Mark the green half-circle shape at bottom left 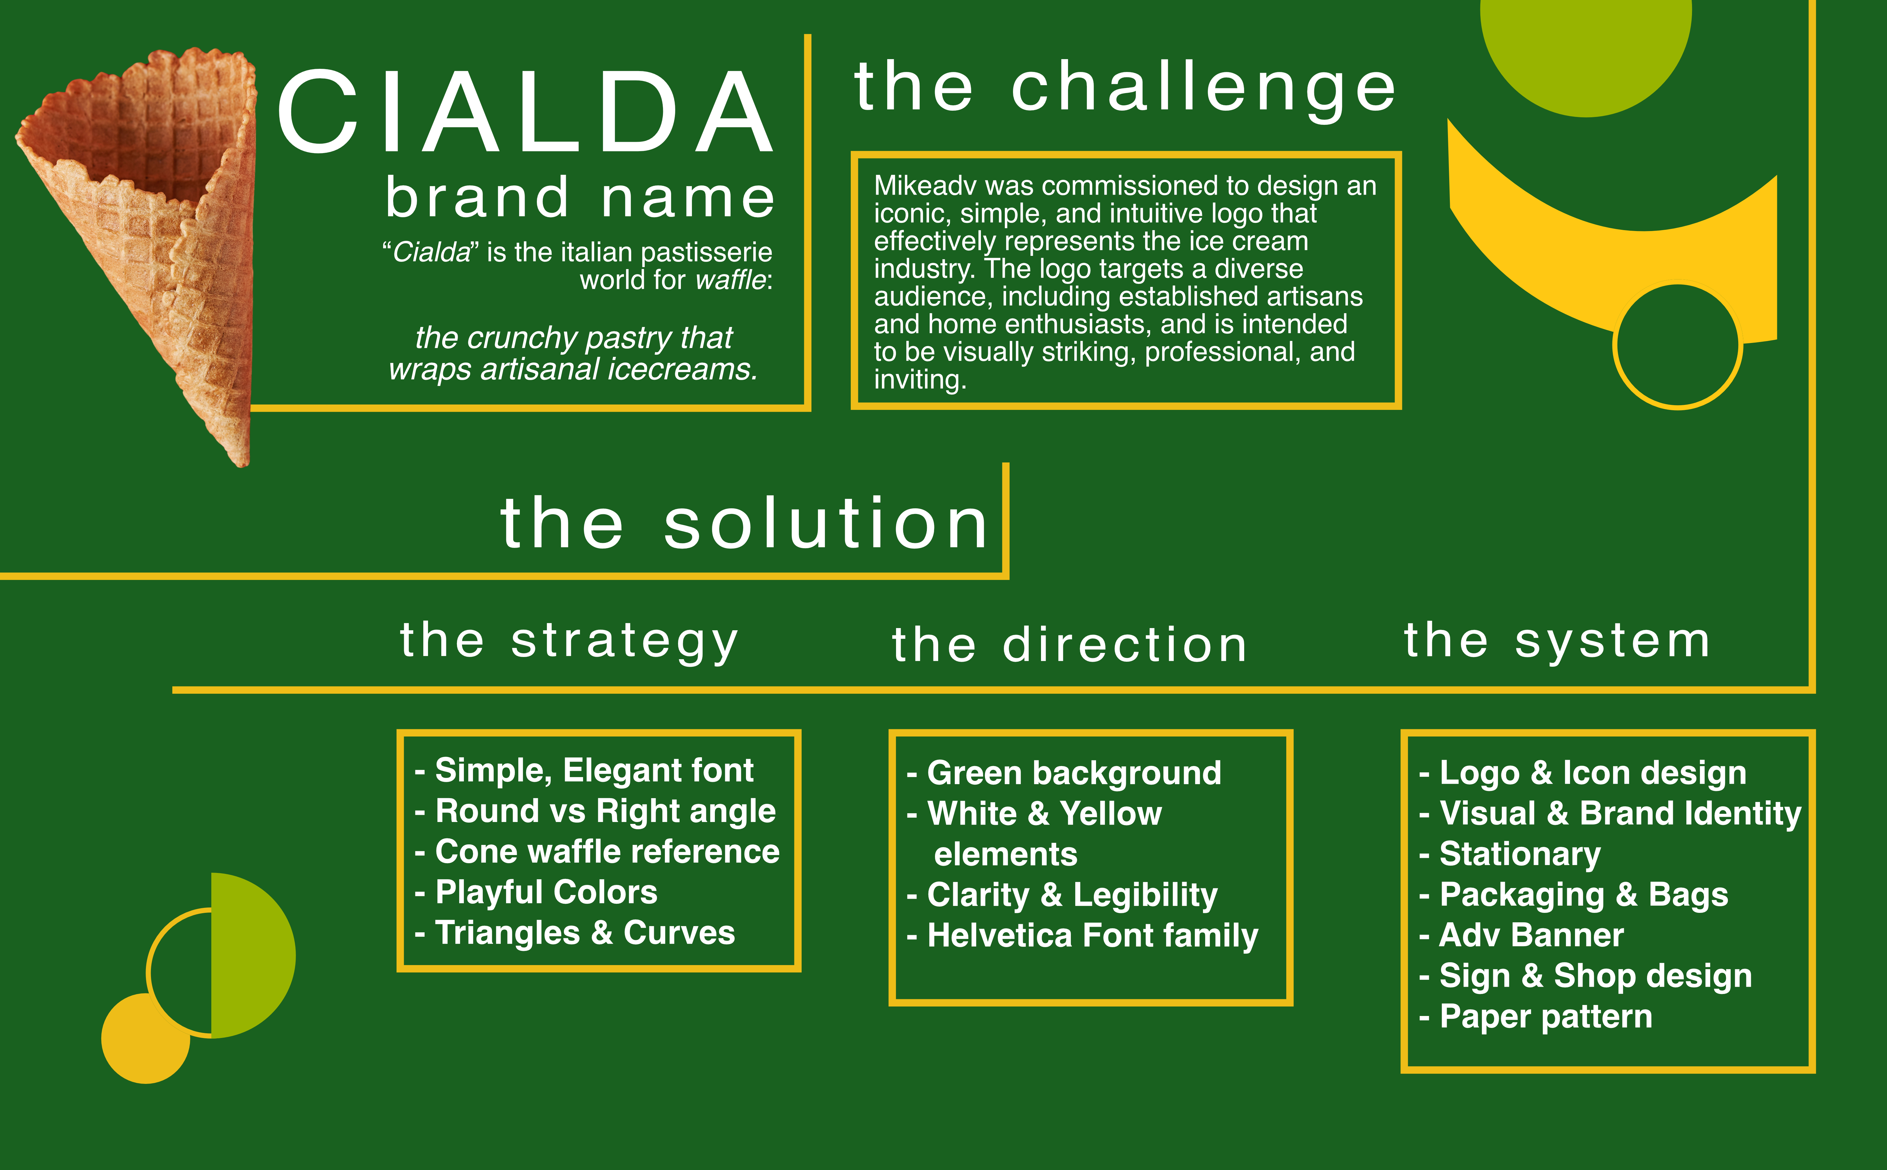252,956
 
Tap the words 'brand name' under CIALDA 580,197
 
